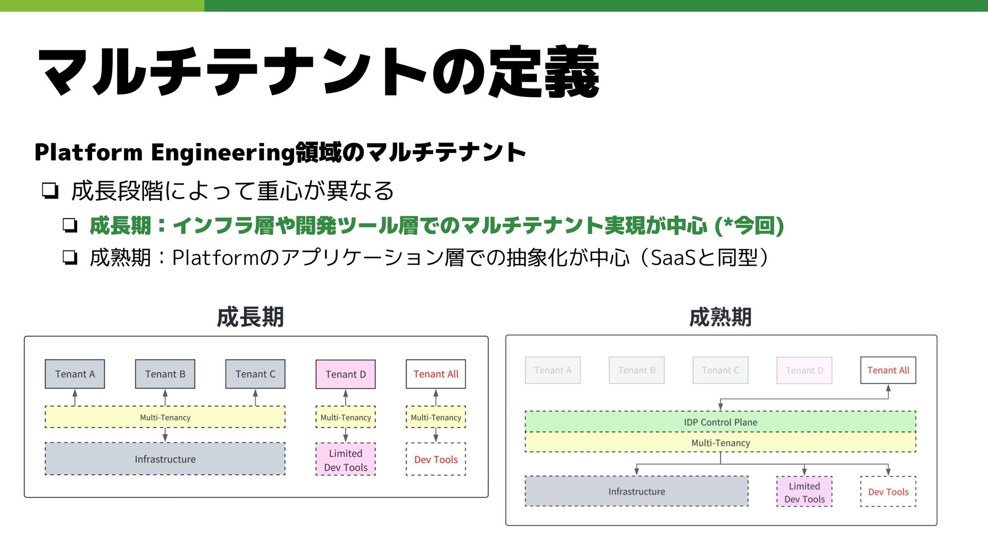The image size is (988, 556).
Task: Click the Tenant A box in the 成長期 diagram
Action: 75,374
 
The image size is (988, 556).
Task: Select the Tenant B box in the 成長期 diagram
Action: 165,374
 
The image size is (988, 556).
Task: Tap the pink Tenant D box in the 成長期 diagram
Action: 345,374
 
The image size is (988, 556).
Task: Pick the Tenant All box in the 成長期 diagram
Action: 435,374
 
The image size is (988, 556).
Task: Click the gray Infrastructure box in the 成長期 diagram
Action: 165,459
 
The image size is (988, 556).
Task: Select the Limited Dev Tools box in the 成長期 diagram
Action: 345,460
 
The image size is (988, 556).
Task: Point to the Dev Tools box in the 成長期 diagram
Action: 435,459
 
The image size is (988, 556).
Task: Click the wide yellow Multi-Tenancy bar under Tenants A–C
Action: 165,417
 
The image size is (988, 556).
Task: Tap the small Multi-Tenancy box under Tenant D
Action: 345,417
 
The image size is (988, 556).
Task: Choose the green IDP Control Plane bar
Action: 720,422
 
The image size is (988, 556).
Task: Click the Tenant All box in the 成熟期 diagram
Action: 888,370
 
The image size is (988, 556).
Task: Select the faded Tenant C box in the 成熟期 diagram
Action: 720,370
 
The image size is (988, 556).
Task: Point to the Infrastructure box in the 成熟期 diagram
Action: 636,491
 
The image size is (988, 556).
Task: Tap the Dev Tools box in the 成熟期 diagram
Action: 888,492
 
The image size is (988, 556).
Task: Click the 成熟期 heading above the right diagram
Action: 720,317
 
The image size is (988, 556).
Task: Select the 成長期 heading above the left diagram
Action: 250,317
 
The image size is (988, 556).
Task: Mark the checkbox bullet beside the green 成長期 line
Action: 70,225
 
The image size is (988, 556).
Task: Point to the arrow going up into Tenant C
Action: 255,397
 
